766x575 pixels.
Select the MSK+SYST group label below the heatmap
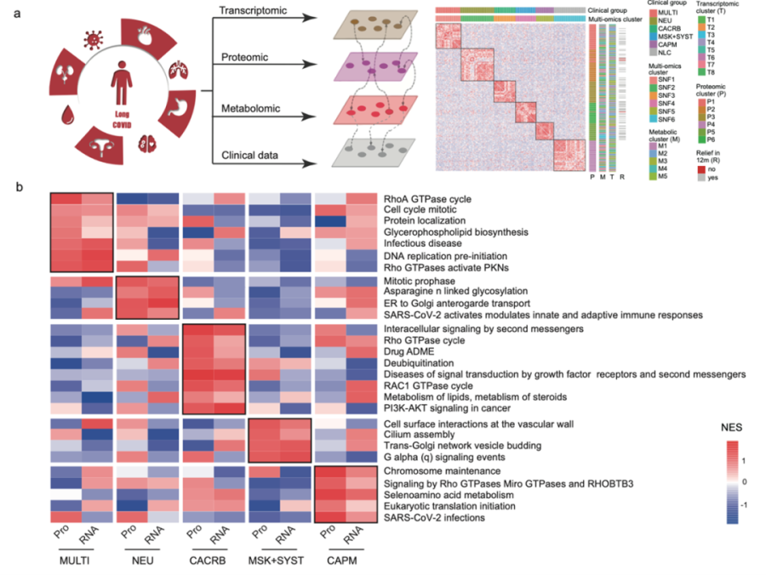(282, 562)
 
